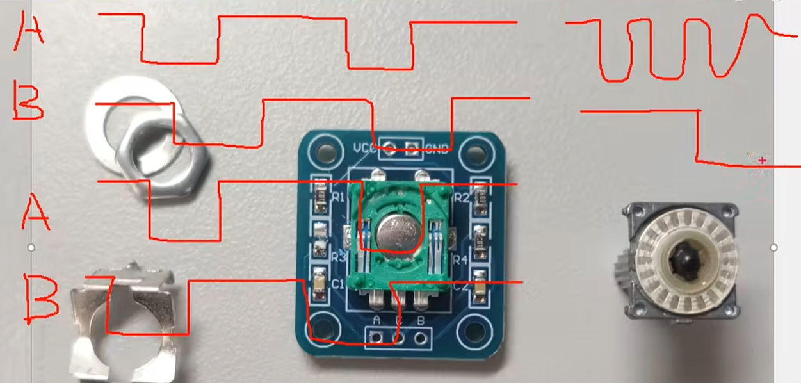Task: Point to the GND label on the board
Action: (x=436, y=150)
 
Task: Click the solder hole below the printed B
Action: (x=421, y=337)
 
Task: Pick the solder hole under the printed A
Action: (x=376, y=337)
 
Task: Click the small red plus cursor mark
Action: (x=762, y=160)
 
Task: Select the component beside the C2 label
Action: (x=480, y=289)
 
